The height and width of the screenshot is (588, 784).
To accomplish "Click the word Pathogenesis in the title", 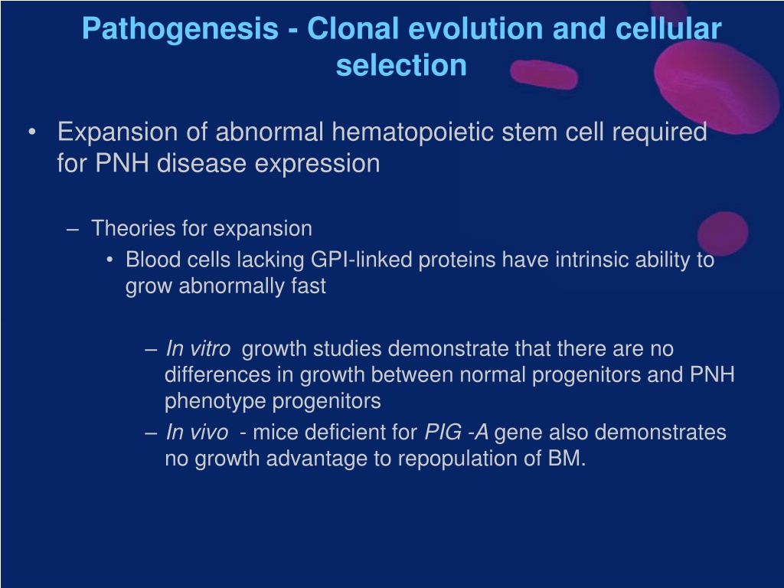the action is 180,30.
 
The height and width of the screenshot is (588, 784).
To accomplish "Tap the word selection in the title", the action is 401,66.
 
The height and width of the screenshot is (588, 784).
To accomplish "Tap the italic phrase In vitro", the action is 198,348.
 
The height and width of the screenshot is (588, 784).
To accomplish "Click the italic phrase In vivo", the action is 197,432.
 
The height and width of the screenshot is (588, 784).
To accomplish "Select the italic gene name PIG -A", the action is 456,432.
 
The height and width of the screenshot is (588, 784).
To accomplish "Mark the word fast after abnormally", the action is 309,286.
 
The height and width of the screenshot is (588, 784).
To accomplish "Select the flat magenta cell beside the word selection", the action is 544,74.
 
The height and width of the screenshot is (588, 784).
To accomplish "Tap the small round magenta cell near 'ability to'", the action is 723,234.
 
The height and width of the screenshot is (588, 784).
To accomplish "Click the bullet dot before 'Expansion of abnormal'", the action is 32,132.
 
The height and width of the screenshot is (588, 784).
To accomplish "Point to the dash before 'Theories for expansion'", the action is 73,230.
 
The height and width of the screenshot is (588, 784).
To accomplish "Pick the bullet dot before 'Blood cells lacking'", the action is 109,260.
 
